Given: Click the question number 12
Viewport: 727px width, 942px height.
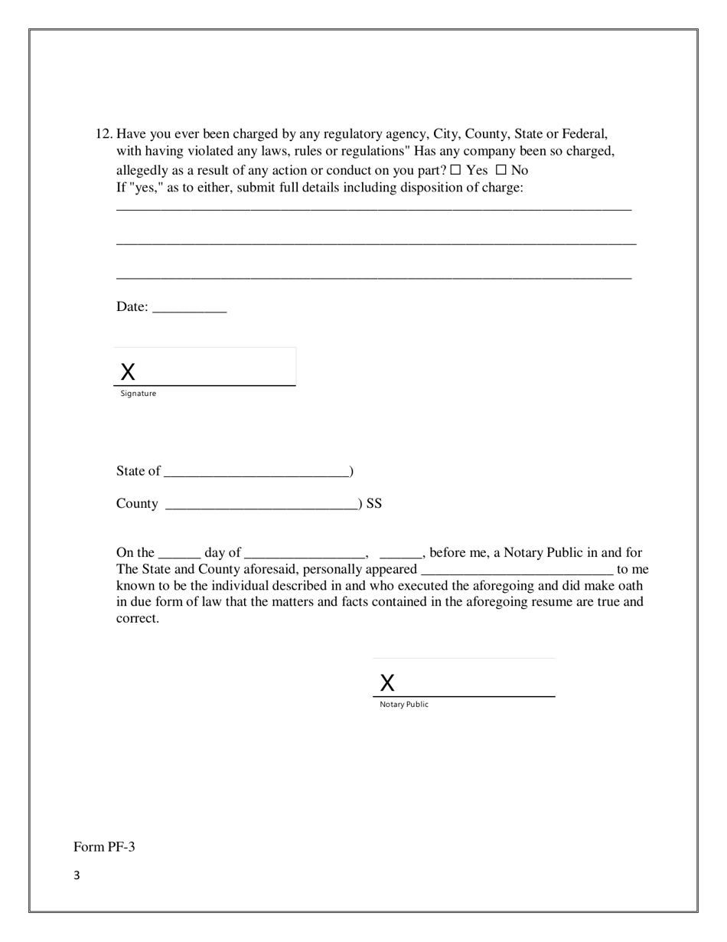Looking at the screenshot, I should [103, 134].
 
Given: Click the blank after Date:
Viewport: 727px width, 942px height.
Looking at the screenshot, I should [190, 308].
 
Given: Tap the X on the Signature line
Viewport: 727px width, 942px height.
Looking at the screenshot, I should [128, 372].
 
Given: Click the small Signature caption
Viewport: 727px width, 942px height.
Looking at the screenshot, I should [139, 394].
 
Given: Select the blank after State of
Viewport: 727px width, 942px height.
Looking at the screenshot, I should [256, 472].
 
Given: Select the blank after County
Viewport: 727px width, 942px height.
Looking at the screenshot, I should [261, 505].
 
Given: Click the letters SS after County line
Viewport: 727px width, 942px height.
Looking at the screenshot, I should [374, 504].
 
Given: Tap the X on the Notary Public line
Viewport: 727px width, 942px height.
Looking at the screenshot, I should [387, 683].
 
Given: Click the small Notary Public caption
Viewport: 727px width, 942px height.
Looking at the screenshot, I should [404, 705].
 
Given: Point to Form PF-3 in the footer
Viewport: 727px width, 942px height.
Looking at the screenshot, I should [104, 847].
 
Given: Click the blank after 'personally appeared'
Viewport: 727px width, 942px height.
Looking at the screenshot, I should [517, 571].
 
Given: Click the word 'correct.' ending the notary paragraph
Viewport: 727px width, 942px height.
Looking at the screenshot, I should [138, 619].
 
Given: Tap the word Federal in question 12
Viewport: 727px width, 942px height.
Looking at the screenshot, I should [585, 134].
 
